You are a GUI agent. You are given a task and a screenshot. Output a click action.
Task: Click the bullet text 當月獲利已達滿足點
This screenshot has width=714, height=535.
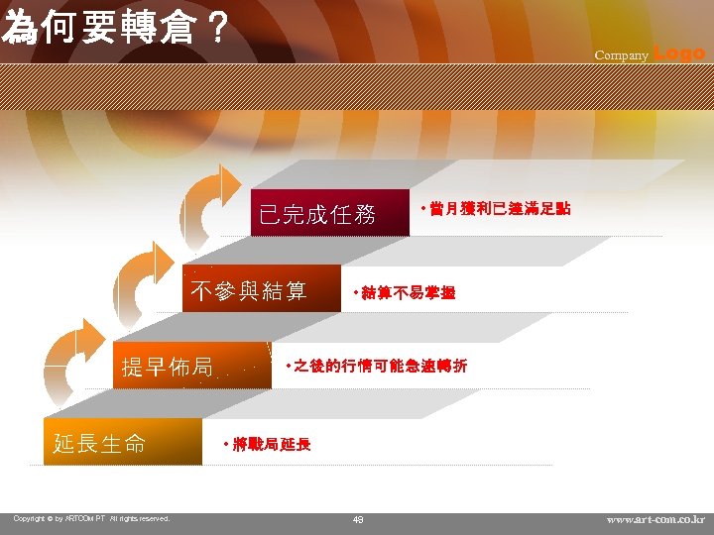coord(496,210)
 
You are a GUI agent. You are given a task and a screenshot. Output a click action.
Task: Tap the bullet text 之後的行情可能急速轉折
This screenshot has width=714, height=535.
coord(377,367)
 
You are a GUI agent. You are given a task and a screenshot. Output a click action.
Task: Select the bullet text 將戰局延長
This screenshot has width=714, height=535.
coord(268,445)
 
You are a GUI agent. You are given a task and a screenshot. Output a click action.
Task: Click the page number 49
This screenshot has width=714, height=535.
coord(358,519)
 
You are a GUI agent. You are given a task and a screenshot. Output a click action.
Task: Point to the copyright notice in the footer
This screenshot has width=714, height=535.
coord(91,518)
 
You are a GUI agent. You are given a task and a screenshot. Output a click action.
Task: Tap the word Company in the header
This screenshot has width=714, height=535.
coord(621,55)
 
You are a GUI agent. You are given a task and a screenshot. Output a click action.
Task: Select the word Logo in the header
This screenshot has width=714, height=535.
coord(680,53)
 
